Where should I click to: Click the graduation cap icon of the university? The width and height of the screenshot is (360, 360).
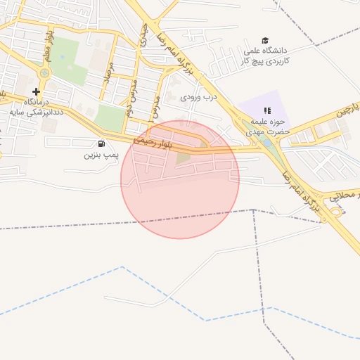[x=265, y=40]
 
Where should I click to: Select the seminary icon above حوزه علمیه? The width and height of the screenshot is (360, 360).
[x=267, y=110]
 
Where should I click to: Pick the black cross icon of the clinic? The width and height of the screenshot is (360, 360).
[x=37, y=91]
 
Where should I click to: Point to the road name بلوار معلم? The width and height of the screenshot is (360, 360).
[x=48, y=43]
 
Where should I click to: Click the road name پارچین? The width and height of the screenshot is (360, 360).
[x=345, y=110]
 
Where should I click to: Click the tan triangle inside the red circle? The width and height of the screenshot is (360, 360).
[x=184, y=157]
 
